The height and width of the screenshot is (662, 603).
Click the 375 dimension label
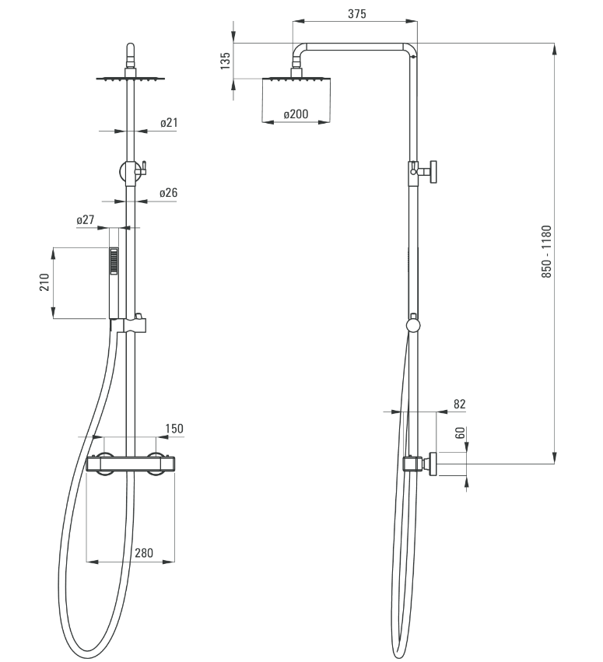click(x=357, y=14)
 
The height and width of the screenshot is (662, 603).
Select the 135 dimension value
click(x=226, y=61)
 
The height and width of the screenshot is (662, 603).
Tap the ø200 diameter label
click(x=296, y=114)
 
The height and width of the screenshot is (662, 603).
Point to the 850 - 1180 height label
click(x=546, y=251)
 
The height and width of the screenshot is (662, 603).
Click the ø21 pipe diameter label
click(x=169, y=123)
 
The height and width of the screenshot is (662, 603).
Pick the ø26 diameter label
click(x=169, y=193)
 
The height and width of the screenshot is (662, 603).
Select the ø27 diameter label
click(x=86, y=220)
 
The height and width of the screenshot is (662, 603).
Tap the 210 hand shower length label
click(x=44, y=282)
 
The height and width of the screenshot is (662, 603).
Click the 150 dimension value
click(x=174, y=429)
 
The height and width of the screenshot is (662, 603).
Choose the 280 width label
click(x=144, y=552)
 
